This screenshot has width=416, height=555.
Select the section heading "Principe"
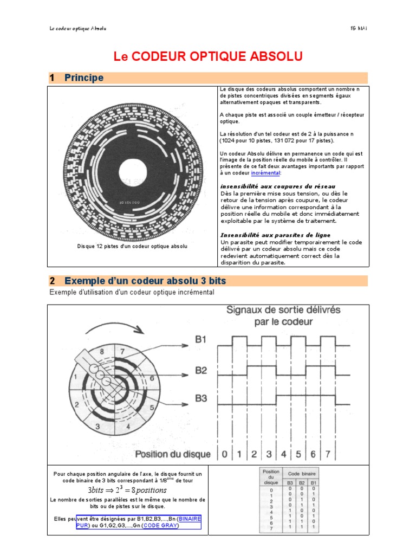[x=83, y=78]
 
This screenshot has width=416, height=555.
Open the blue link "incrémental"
[x=265, y=173]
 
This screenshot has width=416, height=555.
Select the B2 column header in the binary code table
[x=302, y=482]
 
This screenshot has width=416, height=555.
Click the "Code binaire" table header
[x=301, y=473]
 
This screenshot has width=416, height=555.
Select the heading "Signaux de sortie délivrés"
[x=283, y=310]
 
